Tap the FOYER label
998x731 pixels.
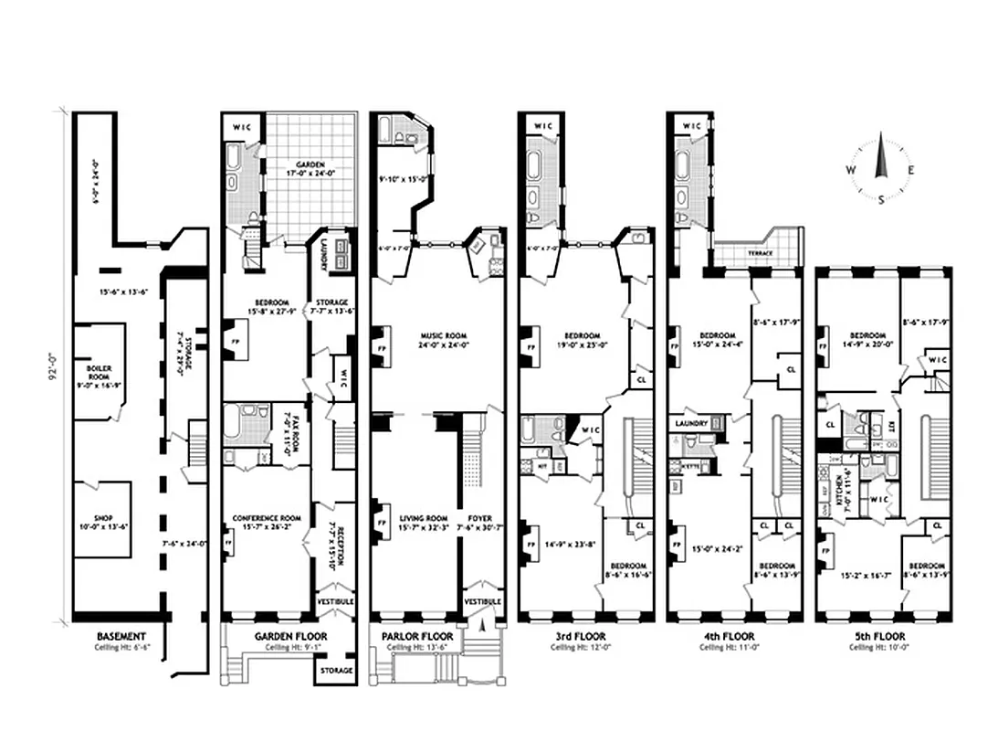tap(478, 519)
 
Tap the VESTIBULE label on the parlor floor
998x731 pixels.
tap(481, 602)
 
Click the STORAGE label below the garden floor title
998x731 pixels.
tap(332, 669)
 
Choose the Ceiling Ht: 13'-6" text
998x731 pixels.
tap(414, 647)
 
